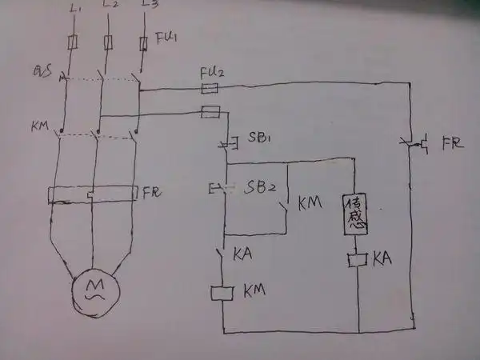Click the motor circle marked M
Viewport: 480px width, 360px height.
[94, 290]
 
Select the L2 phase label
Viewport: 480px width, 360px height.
[111, 6]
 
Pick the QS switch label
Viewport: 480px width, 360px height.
[43, 74]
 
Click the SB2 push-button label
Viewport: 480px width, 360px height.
[262, 188]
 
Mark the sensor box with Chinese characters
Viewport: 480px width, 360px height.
[355, 214]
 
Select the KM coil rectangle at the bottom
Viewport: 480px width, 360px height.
[222, 293]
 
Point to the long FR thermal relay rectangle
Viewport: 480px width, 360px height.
[93, 194]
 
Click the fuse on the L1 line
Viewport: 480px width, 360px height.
[73, 41]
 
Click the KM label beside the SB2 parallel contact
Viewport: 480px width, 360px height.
[309, 204]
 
